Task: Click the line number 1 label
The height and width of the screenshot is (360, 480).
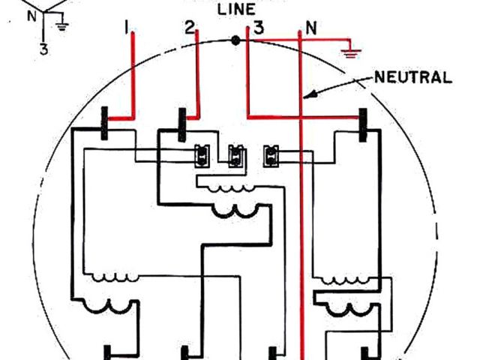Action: [x=128, y=28]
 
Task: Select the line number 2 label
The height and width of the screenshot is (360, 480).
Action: [x=190, y=28]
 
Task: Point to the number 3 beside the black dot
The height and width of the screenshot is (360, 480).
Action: [x=257, y=29]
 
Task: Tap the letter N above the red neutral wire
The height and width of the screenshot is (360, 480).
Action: [x=307, y=30]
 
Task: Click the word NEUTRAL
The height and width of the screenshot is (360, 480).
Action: [x=412, y=76]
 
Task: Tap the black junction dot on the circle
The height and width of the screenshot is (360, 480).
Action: [x=236, y=40]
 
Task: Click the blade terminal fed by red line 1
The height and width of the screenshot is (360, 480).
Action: [x=106, y=124]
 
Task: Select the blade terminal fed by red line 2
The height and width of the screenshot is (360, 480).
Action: [x=181, y=124]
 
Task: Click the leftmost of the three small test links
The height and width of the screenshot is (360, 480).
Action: [x=202, y=154]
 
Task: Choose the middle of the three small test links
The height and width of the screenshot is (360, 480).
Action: [x=235, y=155]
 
